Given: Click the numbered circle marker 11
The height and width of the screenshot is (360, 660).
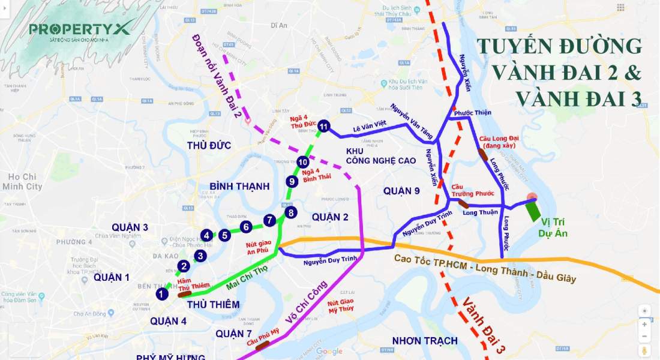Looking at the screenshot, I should pyautogui.click(x=324, y=126).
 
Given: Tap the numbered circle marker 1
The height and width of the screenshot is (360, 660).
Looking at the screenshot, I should pyautogui.click(x=161, y=294).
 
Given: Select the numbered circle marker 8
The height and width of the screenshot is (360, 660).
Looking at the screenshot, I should pyautogui.click(x=290, y=212).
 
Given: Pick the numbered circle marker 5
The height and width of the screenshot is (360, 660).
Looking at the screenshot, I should pyautogui.click(x=224, y=235).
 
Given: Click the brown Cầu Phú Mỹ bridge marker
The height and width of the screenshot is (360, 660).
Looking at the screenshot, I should pyautogui.click(x=262, y=344).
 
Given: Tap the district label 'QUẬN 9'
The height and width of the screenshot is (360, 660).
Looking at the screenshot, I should pyautogui.click(x=401, y=191).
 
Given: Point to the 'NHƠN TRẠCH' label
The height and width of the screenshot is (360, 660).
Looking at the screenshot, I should pyautogui.click(x=425, y=341).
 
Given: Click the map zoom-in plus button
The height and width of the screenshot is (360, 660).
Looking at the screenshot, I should pyautogui.click(x=644, y=324).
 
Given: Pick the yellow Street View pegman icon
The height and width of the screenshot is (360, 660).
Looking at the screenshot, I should pyautogui.click(x=644, y=350).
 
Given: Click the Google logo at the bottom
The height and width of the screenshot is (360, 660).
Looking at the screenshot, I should pyautogui.click(x=329, y=351).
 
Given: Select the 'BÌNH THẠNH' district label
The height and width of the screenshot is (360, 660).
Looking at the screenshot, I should pyautogui.click(x=239, y=186).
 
